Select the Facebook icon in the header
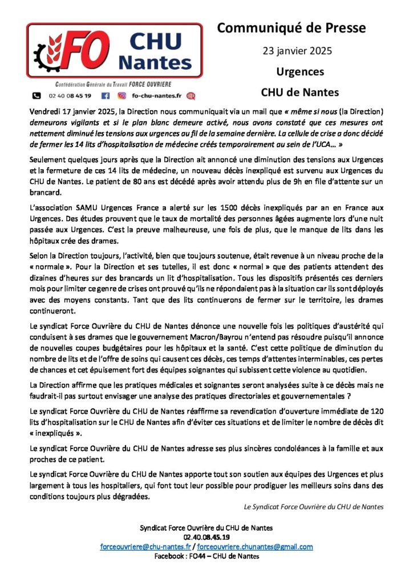pos(105,96)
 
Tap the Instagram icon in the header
pos(122,96)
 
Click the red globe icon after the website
pos(191,96)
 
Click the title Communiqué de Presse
pos(292,27)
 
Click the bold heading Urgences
pos(292,72)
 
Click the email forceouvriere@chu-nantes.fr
pos(145,547)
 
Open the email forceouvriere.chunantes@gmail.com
pos(254,547)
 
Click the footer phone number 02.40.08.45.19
pos(206,537)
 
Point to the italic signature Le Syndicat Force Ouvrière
pos(313,506)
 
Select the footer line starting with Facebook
pos(206,556)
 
